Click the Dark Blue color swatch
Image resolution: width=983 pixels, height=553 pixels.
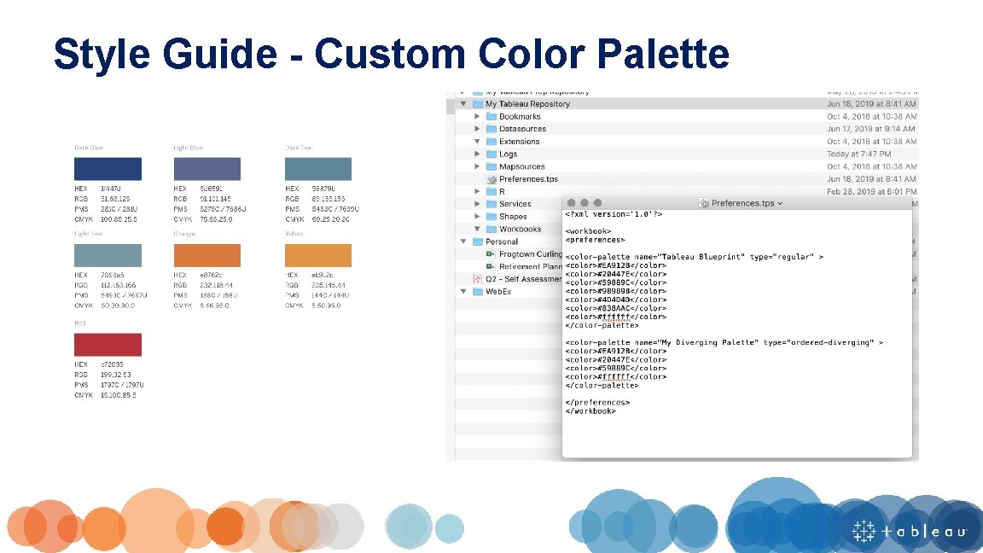(x=108, y=168)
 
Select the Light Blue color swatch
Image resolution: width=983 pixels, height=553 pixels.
(x=206, y=168)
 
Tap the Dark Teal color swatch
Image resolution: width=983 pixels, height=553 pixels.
(x=317, y=168)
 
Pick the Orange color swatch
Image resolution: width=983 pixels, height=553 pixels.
(x=206, y=254)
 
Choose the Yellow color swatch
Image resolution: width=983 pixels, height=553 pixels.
(x=317, y=254)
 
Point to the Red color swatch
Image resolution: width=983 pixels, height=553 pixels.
(x=108, y=345)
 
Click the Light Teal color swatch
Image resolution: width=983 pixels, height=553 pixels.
(x=108, y=254)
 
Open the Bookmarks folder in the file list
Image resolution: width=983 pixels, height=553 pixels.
(x=519, y=116)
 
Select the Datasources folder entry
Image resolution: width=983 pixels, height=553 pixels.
(x=522, y=129)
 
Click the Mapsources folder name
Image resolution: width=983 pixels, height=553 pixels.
(x=521, y=166)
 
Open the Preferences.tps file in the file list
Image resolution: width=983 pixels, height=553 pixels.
(x=528, y=179)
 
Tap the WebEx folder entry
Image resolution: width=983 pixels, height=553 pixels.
(x=498, y=292)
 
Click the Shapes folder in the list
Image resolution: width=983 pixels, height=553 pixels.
(x=513, y=217)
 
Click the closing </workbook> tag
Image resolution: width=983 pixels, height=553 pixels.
(x=590, y=410)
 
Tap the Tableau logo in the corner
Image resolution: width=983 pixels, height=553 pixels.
(x=910, y=531)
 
